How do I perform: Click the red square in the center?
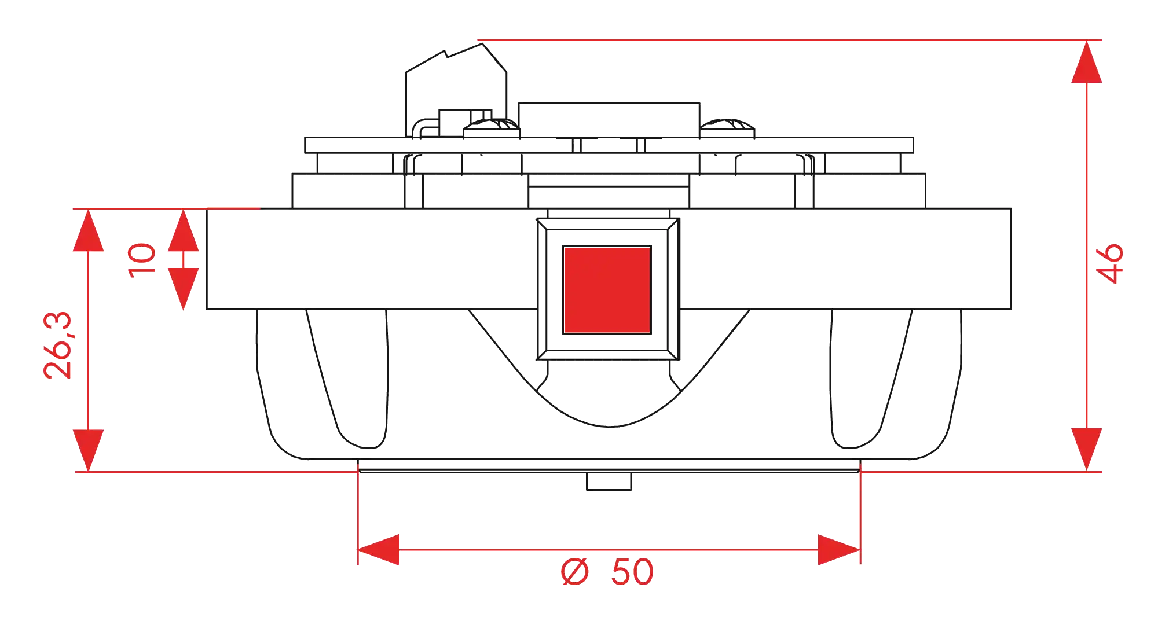click(x=607, y=290)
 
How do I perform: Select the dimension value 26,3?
click(x=58, y=346)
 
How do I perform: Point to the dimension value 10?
click(x=142, y=260)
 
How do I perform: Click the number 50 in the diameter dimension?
click(x=632, y=572)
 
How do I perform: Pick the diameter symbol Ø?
click(x=575, y=572)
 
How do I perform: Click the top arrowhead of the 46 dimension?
click(x=1087, y=62)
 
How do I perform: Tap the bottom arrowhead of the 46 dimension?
click(x=1087, y=450)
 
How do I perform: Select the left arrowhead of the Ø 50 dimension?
click(x=379, y=550)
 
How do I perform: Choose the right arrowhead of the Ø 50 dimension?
click(x=839, y=550)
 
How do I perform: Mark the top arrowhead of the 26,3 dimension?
click(x=88, y=230)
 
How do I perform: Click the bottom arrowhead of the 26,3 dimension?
click(x=88, y=451)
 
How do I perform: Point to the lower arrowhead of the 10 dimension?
click(x=184, y=289)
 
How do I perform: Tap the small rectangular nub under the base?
click(x=609, y=482)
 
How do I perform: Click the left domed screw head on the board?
click(x=492, y=128)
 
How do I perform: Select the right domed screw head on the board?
click(x=727, y=128)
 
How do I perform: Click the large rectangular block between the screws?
click(x=609, y=120)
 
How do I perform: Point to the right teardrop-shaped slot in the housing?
click(x=871, y=379)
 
